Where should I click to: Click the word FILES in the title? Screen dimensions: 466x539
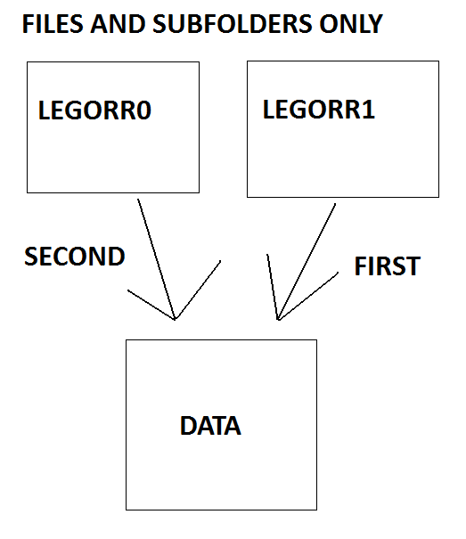point(53,24)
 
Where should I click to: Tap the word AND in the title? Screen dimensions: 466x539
point(118,24)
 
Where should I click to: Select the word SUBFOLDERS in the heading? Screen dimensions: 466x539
point(233,24)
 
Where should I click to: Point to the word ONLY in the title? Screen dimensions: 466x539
point(351,24)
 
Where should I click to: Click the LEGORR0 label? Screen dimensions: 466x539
point(94,110)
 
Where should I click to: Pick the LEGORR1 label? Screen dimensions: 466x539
point(319,110)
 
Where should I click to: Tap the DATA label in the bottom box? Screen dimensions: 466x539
point(210,426)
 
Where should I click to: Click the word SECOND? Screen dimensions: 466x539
point(75,257)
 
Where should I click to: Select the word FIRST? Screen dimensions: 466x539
point(388,266)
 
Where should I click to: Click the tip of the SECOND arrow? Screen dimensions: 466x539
point(175,319)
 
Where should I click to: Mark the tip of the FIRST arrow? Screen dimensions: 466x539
point(278,320)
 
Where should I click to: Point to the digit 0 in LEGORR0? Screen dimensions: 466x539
point(143,110)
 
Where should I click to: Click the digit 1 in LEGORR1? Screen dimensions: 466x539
point(368,110)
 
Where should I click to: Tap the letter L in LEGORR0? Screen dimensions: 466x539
point(45,110)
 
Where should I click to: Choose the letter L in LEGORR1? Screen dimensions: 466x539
point(269,110)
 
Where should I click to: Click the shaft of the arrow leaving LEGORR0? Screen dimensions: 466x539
point(157,259)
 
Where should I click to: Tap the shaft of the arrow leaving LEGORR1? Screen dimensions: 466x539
point(307,262)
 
